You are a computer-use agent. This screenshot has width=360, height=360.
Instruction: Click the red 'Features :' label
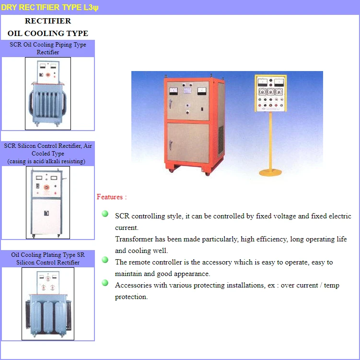click(x=112, y=197)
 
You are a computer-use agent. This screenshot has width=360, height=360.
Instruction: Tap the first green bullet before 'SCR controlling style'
click(x=105, y=214)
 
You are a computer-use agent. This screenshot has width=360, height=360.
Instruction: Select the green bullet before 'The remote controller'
click(x=105, y=260)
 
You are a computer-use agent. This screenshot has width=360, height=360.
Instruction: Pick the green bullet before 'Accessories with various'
click(x=105, y=283)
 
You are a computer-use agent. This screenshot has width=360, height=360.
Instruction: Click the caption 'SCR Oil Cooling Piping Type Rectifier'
click(x=48, y=48)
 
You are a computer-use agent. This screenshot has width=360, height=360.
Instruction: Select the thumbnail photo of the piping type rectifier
click(x=48, y=94)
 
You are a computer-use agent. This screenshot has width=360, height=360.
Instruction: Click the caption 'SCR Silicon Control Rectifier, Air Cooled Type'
click(x=48, y=149)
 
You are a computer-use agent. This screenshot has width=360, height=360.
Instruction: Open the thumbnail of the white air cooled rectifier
click(x=48, y=203)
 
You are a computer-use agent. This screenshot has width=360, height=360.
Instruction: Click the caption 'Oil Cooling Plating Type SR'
click(x=48, y=255)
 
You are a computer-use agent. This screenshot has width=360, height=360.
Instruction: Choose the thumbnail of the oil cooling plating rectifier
click(x=48, y=304)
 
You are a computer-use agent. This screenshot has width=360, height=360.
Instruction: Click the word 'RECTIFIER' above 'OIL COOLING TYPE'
click(x=48, y=21)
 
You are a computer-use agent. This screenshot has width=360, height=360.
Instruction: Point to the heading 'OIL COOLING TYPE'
click(x=48, y=34)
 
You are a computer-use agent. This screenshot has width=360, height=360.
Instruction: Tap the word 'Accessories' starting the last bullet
click(x=133, y=285)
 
